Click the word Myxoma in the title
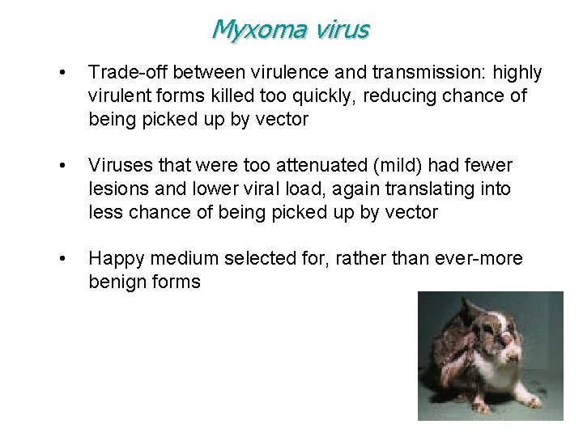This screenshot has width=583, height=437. click(249, 29)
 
